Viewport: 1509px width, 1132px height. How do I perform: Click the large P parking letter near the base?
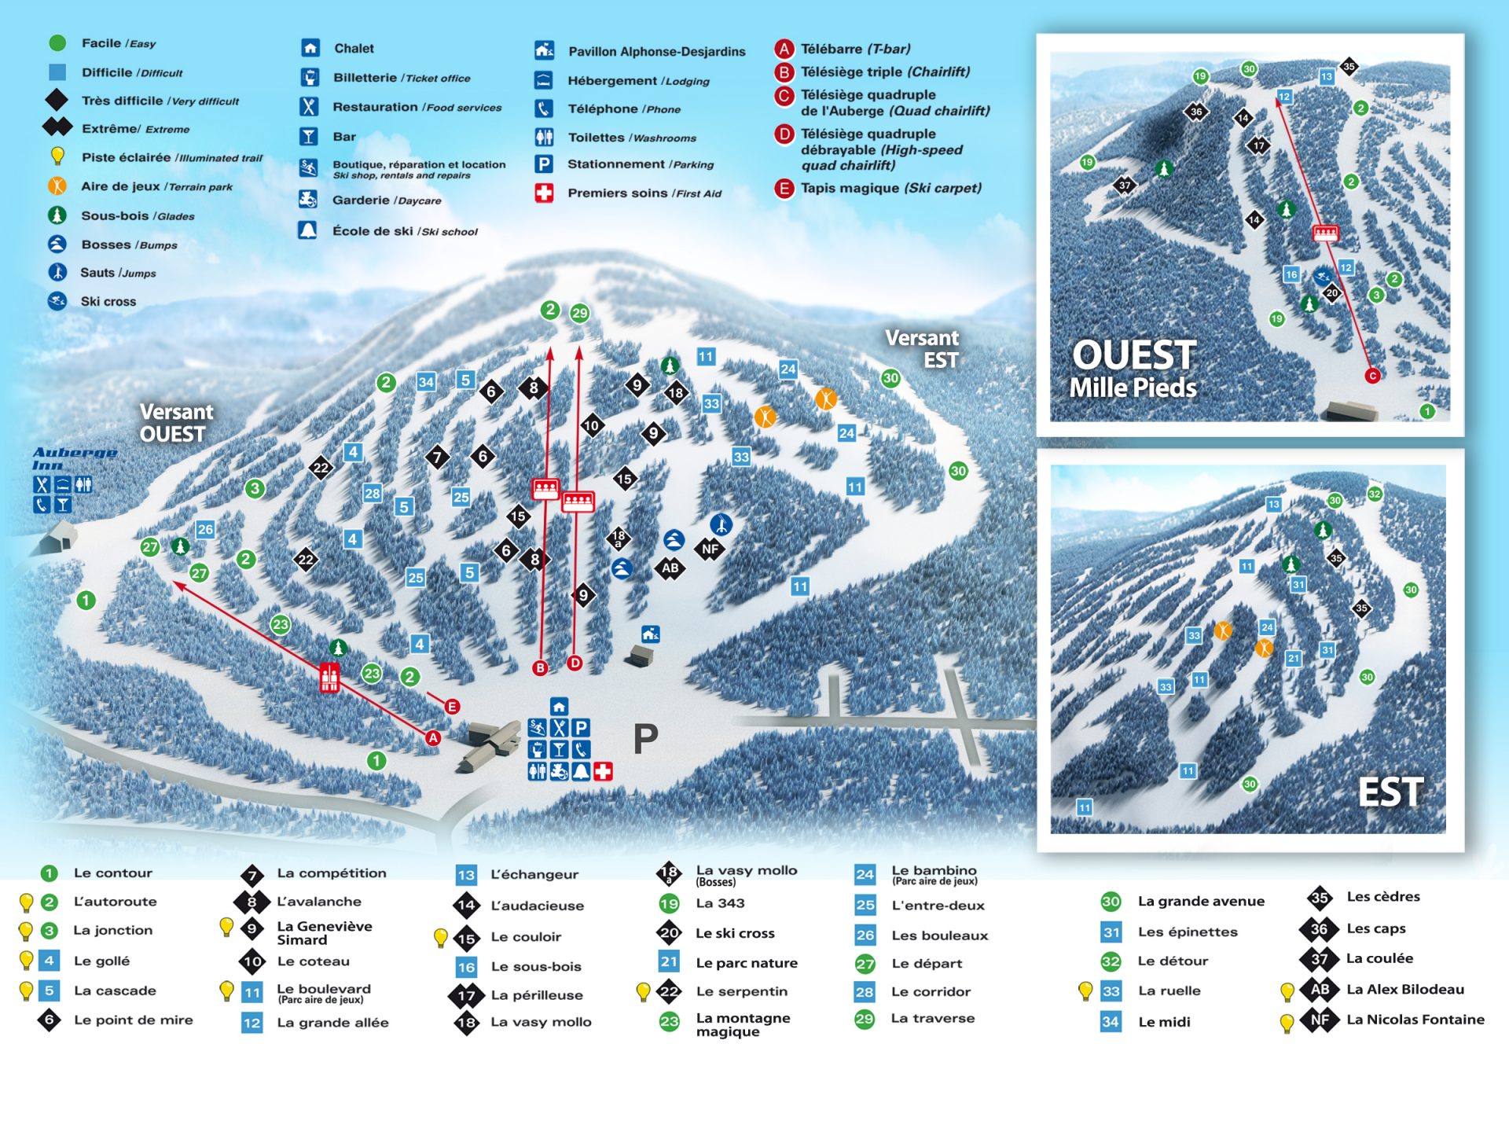645,738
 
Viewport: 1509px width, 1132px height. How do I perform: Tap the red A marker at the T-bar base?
433,737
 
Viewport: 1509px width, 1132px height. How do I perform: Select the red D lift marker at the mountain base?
575,663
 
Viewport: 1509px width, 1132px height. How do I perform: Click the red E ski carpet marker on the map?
452,707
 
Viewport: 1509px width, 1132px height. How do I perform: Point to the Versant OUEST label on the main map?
176,423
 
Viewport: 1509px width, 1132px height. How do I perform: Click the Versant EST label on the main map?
922,349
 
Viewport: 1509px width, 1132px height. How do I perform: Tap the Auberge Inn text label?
75,458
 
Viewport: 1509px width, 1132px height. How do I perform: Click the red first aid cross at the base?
603,771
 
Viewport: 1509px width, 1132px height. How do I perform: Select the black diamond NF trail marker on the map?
710,549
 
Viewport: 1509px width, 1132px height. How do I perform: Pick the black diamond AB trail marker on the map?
670,568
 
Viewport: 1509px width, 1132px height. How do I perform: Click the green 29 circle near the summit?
579,313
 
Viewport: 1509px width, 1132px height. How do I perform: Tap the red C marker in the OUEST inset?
1372,376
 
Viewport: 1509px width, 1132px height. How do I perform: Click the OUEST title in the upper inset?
1134,355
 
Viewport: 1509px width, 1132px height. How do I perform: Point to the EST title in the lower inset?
1390,792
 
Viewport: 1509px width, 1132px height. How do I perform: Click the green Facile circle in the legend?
57,43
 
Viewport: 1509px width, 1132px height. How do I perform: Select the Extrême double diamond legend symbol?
57,127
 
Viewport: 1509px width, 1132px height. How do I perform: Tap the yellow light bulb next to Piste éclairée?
57,156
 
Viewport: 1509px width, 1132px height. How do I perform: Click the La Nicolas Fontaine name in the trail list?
1415,1020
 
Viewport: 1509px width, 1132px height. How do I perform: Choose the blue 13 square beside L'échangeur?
466,875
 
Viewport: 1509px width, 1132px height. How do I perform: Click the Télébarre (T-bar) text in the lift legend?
855,49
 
